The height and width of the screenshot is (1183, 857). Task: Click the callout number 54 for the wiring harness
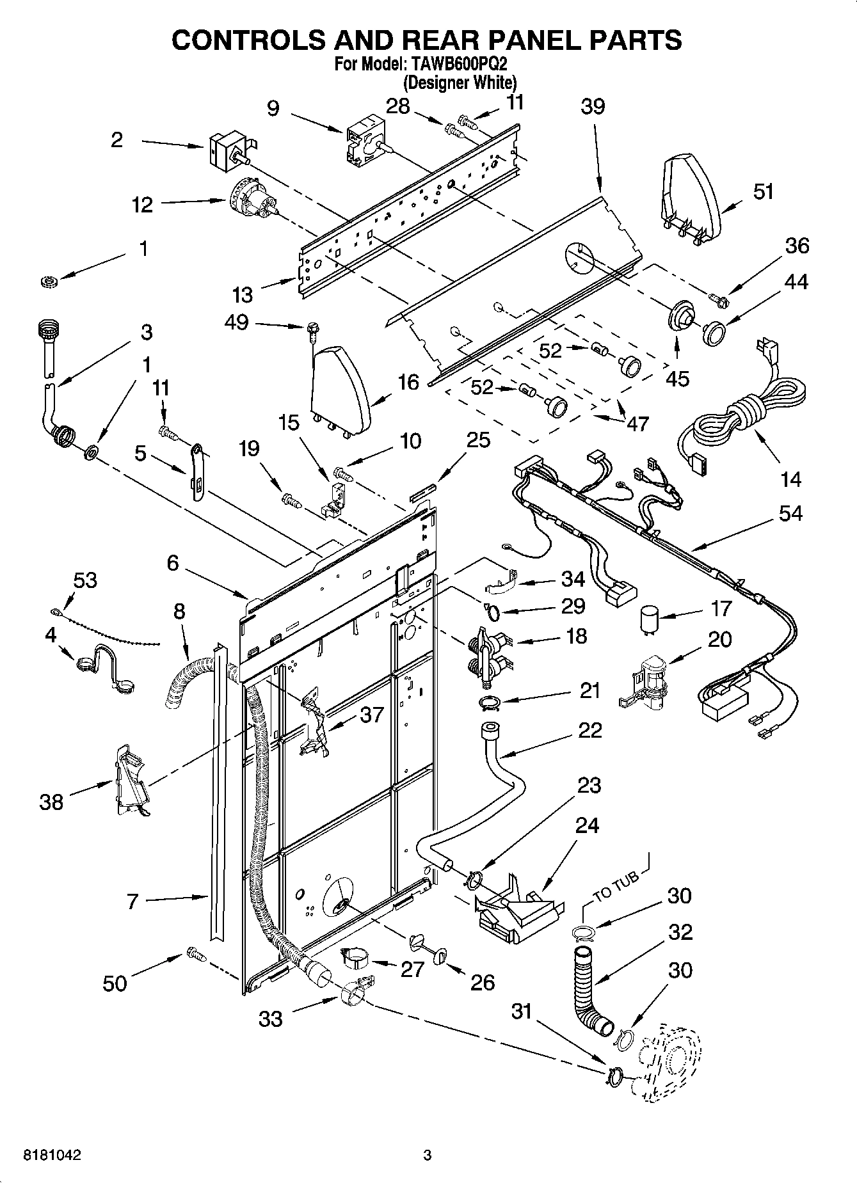pyautogui.click(x=790, y=513)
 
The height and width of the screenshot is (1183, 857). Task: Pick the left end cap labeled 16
pyautogui.click(x=339, y=388)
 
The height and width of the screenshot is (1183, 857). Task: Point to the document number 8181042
pyautogui.click(x=52, y=1155)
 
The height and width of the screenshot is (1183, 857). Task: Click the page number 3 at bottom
pyautogui.click(x=428, y=1155)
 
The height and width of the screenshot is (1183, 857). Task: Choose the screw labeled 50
pyautogui.click(x=196, y=955)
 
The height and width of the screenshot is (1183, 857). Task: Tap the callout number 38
pyautogui.click(x=51, y=802)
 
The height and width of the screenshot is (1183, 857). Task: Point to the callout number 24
pyautogui.click(x=586, y=825)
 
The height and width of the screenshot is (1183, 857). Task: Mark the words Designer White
pyautogui.click(x=460, y=83)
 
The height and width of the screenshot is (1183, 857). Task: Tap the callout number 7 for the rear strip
pyautogui.click(x=133, y=902)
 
